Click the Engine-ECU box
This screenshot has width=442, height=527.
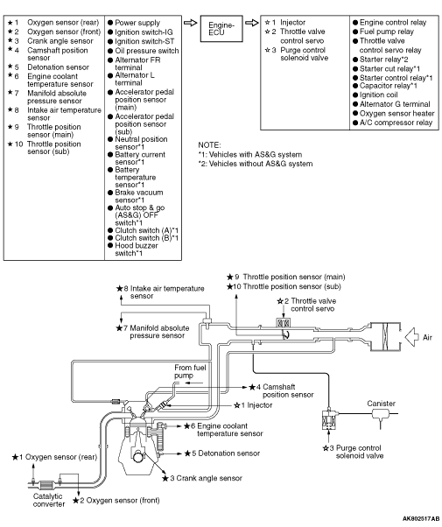click(221, 29)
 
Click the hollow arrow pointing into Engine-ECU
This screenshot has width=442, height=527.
click(190, 23)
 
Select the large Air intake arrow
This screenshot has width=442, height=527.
click(411, 337)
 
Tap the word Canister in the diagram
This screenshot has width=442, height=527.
click(381, 404)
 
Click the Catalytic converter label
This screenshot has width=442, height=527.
click(49, 500)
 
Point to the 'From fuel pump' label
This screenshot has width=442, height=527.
click(190, 371)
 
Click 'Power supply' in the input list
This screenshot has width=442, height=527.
click(137, 23)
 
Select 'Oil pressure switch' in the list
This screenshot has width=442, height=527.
click(146, 51)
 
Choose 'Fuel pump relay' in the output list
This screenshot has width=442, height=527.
click(387, 32)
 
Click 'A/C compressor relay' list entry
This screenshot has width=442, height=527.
click(396, 123)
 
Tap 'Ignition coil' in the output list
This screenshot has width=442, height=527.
click(378, 95)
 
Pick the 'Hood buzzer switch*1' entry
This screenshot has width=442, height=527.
click(137, 249)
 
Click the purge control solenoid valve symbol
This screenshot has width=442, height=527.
click(329, 419)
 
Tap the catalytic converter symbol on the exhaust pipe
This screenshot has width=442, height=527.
click(46, 485)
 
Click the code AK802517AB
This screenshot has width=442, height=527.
click(420, 518)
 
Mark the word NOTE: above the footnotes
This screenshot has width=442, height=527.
click(209, 145)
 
